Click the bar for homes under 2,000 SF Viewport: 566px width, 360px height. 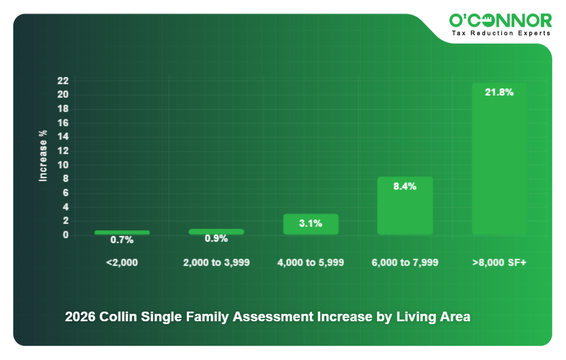pos(122,232)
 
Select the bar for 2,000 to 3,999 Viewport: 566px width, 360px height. pos(216,232)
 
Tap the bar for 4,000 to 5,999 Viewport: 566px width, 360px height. pos(311,224)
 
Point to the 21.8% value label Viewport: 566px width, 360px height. pos(499,92)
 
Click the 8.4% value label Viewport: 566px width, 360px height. pos(405,186)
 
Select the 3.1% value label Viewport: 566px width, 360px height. pos(311,223)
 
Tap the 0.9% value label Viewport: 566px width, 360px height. pos(216,239)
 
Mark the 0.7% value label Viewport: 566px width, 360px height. pos(122,240)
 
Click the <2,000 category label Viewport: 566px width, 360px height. pos(122,263)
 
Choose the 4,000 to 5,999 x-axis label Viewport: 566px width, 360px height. pos(311,263)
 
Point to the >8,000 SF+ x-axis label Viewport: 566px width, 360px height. pos(499,263)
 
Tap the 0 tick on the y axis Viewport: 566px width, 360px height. pos(66,235)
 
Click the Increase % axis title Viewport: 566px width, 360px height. pos(43,156)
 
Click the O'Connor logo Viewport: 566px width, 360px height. pos(501,21)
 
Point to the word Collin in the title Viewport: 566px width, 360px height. pos(117,317)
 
